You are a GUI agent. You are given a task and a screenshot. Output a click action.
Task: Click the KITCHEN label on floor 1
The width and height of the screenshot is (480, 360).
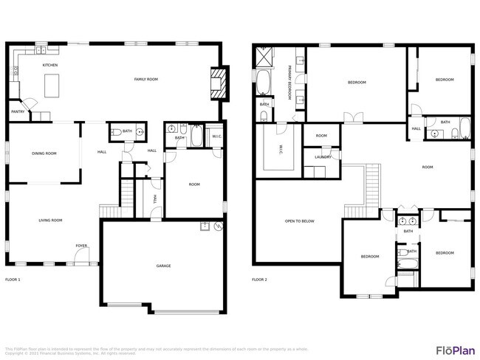point(50,65)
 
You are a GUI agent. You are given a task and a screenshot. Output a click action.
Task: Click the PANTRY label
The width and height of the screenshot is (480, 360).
point(17,112)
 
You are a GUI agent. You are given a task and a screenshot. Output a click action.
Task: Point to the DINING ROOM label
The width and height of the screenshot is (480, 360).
point(44,153)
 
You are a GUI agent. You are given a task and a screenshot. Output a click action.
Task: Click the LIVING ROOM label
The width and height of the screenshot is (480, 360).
point(50,220)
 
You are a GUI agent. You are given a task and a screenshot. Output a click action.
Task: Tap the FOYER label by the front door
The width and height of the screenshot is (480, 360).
point(80,246)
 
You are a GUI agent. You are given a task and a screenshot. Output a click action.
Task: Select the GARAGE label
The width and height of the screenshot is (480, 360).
point(163,266)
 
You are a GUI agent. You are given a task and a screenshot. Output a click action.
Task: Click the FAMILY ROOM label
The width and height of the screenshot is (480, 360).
point(145,79)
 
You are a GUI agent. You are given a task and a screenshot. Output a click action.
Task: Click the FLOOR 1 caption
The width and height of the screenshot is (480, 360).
point(13,280)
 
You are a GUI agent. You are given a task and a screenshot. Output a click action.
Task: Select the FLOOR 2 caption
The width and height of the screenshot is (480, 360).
point(259,280)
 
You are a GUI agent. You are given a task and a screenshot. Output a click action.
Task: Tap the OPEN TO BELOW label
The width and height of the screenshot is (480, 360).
point(300,221)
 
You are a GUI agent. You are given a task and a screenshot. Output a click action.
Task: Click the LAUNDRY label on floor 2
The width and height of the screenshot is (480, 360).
point(322,156)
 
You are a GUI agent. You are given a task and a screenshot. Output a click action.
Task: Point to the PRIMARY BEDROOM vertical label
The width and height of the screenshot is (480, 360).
point(289,82)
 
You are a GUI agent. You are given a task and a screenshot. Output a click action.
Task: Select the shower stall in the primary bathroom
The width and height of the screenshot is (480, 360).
point(264,55)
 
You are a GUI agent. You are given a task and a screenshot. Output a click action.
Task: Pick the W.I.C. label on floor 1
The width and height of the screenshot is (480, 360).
point(217,136)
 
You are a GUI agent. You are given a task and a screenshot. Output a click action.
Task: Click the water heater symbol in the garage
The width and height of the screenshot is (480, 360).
point(216,226)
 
